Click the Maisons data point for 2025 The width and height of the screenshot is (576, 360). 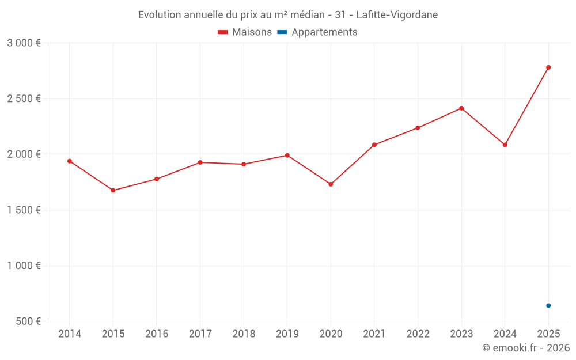pos(548,67)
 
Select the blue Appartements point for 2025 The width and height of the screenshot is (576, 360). pos(548,305)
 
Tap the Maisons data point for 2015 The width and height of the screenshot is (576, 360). pos(113,190)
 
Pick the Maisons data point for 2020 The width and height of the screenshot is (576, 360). pos(331,184)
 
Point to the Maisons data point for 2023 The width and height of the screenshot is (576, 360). pos(461,108)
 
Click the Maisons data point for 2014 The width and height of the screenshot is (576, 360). pos(70,161)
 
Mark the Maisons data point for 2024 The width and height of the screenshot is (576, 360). pos(505,145)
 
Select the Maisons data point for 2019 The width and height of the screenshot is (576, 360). pos(287,155)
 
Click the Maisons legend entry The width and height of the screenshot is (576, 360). pos(245,32)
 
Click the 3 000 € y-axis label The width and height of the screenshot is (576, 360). pos(24,43)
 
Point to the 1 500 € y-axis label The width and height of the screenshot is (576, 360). pos(24,210)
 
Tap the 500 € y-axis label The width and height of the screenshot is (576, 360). pos(28,321)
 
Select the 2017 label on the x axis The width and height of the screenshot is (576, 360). pos(200,334)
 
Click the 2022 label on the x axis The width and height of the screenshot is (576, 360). pos(418,334)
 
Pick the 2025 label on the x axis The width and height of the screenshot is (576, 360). pos(548,334)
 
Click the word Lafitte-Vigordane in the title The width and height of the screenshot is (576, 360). pos(397,15)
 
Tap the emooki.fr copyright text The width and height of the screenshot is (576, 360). pos(526,348)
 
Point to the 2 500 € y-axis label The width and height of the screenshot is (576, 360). pos(24,98)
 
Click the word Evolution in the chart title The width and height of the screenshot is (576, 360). pos(159,15)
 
